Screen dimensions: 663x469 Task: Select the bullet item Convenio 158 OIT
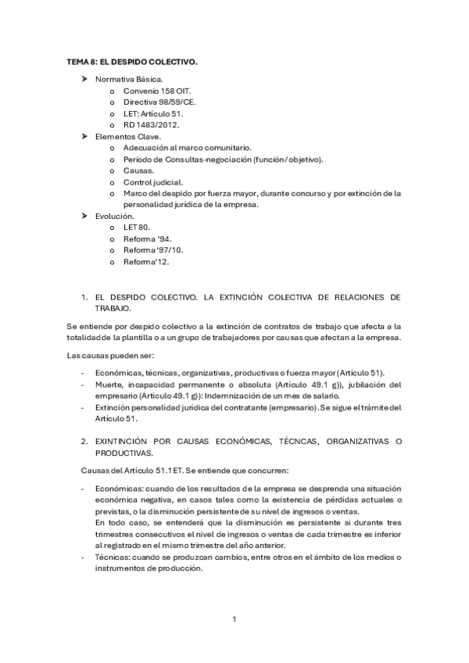click(x=151, y=91)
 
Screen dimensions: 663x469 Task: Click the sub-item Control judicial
click(x=153, y=181)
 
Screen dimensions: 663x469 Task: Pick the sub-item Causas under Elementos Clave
click(x=138, y=170)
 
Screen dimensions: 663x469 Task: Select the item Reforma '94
click(x=147, y=238)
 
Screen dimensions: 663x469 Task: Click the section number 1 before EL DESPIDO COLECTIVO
click(x=84, y=298)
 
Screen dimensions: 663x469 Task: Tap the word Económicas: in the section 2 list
click(x=119, y=488)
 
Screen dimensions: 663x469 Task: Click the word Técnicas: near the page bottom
click(x=113, y=557)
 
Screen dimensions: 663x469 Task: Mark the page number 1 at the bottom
click(x=234, y=620)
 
